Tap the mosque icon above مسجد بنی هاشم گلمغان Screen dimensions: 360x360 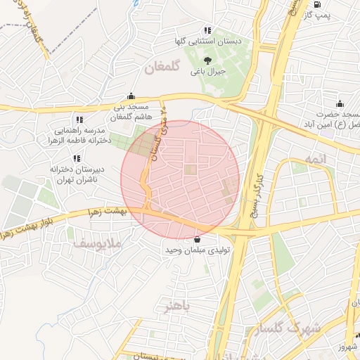pyautogui.click(x=131, y=97)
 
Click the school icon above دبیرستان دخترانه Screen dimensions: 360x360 pyautogui.click(x=76, y=158)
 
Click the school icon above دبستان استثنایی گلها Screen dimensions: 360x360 pyautogui.click(x=207, y=30)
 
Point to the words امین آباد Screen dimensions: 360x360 pyautogui.click(x=341, y=124)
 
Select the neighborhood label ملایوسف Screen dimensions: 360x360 pyautogui.click(x=97, y=244)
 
